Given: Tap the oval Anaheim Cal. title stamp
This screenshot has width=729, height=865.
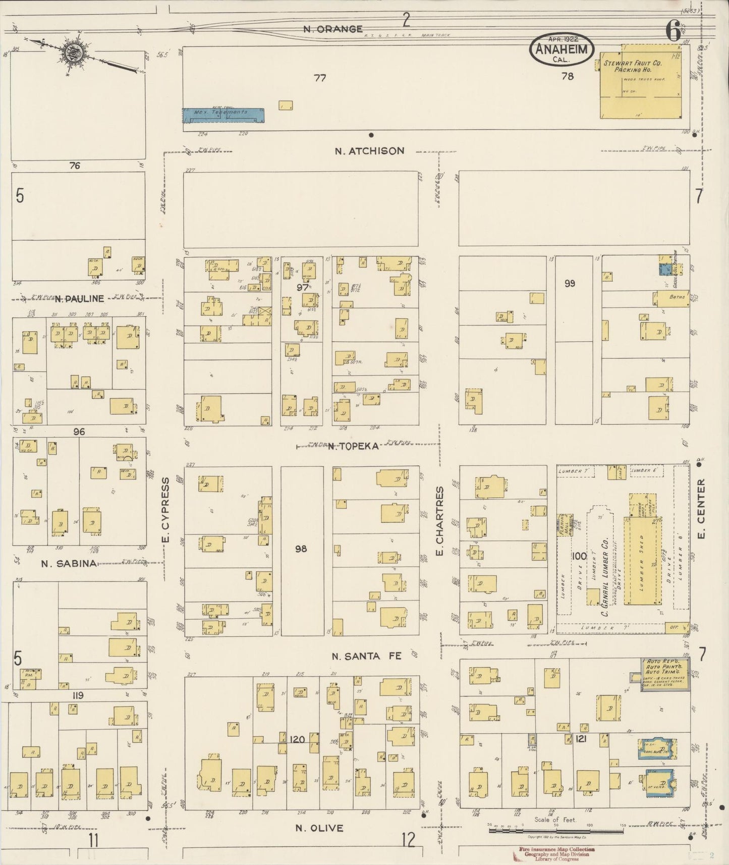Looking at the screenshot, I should [x=561, y=49].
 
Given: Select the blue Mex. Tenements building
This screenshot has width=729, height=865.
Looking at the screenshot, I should [x=223, y=115].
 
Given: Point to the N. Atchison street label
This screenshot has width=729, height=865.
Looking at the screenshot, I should [x=370, y=151].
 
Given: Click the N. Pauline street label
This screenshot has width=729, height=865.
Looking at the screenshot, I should [x=79, y=298].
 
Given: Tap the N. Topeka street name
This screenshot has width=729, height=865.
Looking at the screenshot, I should [x=353, y=446].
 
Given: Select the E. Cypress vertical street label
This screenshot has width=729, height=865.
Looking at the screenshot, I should [x=165, y=510].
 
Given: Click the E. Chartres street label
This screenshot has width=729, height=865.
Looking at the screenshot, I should [x=439, y=521].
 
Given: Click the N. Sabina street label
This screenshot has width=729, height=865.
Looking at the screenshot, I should [x=69, y=563].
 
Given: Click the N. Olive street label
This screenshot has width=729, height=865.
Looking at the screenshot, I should [x=319, y=828].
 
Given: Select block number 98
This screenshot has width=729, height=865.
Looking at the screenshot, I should [x=301, y=549].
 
